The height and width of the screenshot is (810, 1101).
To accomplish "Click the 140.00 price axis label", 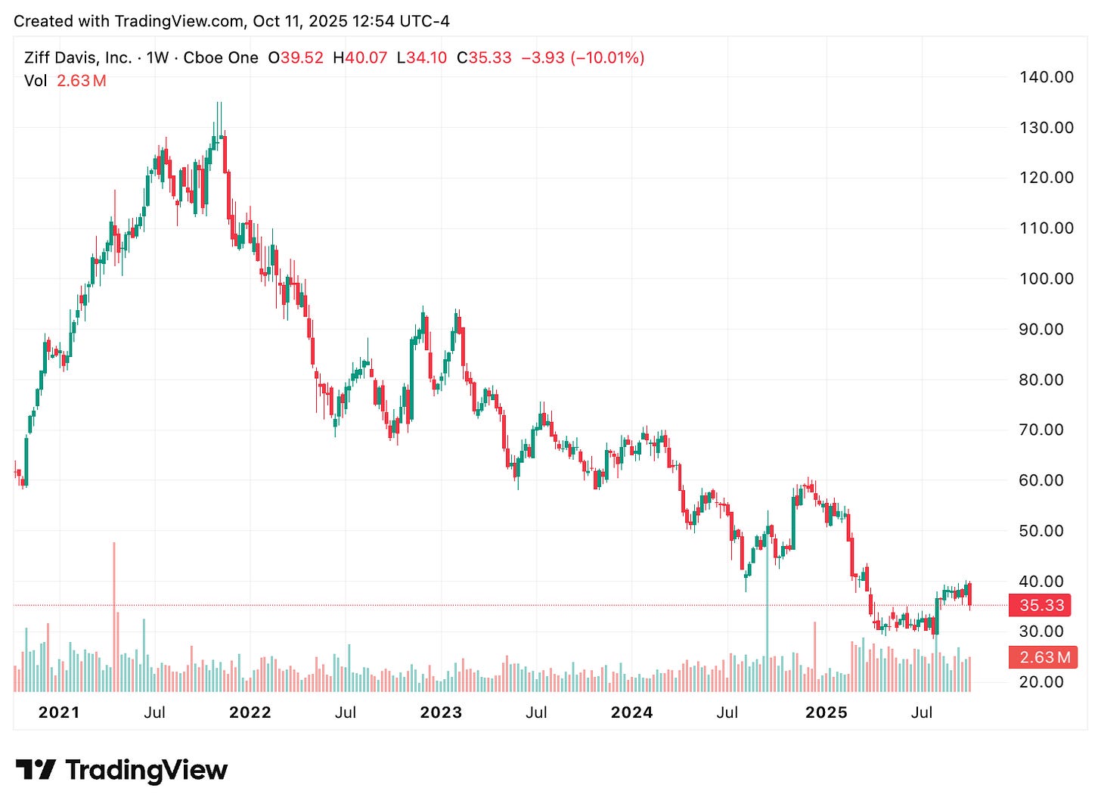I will click(x=1046, y=76).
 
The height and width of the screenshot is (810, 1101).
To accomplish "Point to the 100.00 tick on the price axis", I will click(x=1046, y=278).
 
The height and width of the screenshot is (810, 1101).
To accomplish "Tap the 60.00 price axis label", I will click(x=1046, y=480).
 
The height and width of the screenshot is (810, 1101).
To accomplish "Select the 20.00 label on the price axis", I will click(x=1046, y=682).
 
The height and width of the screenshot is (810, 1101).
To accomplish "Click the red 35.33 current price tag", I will click(x=1042, y=605).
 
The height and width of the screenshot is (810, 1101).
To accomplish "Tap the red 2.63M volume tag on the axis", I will click(x=1044, y=657).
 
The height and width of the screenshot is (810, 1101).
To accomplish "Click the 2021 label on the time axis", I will click(x=58, y=712).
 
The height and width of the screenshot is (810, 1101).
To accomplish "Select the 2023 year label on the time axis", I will click(x=441, y=712).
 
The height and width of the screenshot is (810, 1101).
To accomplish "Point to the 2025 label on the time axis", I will click(x=827, y=712).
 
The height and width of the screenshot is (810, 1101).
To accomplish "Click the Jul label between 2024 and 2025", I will click(x=727, y=712).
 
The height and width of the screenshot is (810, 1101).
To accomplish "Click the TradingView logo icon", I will click(x=35, y=770).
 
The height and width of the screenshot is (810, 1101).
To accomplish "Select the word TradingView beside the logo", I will click(x=147, y=770).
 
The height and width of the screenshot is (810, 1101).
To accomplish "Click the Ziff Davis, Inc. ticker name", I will click(x=77, y=57).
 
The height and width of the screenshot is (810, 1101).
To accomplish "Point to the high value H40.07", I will click(x=360, y=57).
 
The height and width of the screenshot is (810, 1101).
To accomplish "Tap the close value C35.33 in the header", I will click(x=484, y=57).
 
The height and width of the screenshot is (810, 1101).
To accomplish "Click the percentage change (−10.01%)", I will click(x=608, y=57).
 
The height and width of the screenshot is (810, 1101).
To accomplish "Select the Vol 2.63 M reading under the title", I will click(x=65, y=81).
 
